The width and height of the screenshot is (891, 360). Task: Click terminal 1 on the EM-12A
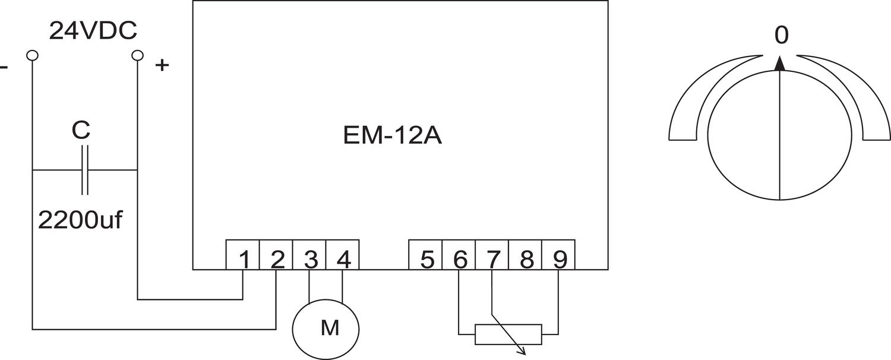click(243, 260)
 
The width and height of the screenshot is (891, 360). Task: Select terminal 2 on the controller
click(276, 260)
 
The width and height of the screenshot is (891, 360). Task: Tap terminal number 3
click(309, 260)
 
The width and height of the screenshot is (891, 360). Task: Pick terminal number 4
click(343, 260)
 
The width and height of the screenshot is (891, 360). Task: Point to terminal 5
click(426, 260)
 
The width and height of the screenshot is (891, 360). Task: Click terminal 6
click(459, 260)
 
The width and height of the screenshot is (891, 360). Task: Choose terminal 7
click(492, 260)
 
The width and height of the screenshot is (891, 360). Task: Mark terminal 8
click(526, 260)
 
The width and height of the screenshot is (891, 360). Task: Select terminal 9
click(559, 260)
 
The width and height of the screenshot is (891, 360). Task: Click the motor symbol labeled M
click(326, 327)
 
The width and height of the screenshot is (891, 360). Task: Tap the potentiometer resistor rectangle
click(508, 334)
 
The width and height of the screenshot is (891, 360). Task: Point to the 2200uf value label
click(80, 220)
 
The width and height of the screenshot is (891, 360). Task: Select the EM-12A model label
click(393, 135)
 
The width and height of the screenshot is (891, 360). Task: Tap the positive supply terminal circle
click(137, 55)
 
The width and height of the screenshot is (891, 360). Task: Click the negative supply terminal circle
click(32, 55)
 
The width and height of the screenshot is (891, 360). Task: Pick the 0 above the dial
click(782, 36)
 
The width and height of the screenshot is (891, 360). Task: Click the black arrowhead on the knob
click(781, 64)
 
